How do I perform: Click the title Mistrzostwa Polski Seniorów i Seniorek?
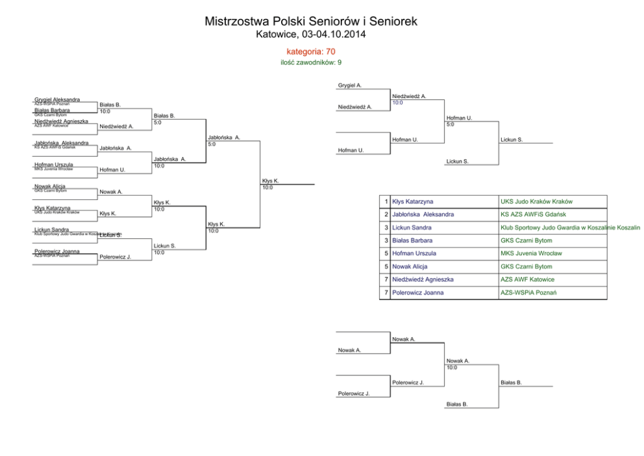[x=311, y=21]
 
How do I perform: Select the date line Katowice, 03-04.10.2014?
[x=311, y=34]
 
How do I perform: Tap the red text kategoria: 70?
[x=311, y=51]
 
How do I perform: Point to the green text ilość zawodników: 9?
[x=311, y=62]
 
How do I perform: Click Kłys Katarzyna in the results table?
[x=413, y=202]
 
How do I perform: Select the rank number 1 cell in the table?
[x=386, y=202]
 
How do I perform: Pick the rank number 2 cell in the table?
[x=386, y=215]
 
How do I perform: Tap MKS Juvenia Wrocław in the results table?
[x=531, y=254]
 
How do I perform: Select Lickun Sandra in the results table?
[x=412, y=228]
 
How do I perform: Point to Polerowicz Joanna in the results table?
[x=418, y=293]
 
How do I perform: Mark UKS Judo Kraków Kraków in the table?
[x=536, y=202]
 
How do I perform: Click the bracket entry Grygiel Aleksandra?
[x=57, y=99]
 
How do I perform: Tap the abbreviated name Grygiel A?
[x=350, y=85]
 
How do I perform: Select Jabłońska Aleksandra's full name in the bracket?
[x=62, y=143]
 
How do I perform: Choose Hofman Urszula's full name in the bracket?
[x=54, y=165]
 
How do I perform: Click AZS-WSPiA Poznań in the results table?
[x=528, y=293]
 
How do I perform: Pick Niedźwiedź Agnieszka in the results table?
[x=423, y=280]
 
